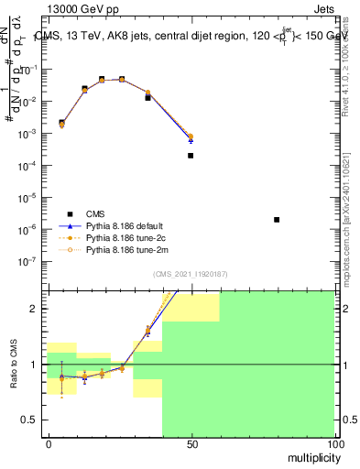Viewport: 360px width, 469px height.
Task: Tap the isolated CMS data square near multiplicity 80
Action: click(x=277, y=220)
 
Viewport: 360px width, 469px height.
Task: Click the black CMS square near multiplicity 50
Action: click(x=191, y=156)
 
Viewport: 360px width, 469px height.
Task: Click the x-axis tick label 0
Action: click(x=49, y=444)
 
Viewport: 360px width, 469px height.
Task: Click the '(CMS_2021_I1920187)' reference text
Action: click(x=191, y=274)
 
